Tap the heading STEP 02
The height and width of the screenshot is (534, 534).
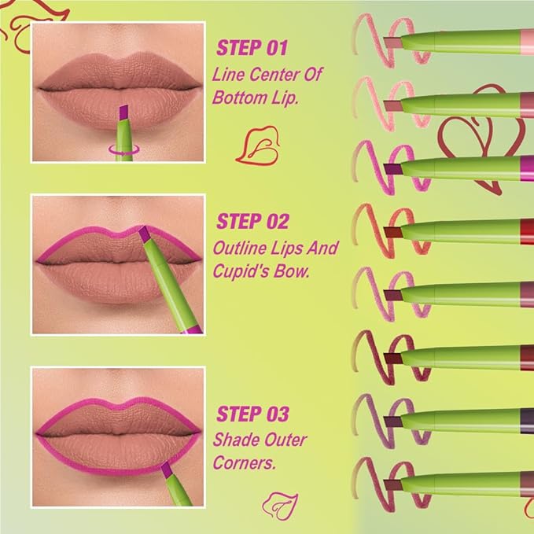point(252,221)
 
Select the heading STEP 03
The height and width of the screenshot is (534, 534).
point(252,414)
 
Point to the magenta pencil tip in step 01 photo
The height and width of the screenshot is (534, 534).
point(123,114)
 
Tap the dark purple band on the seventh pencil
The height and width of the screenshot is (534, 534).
point(525,418)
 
